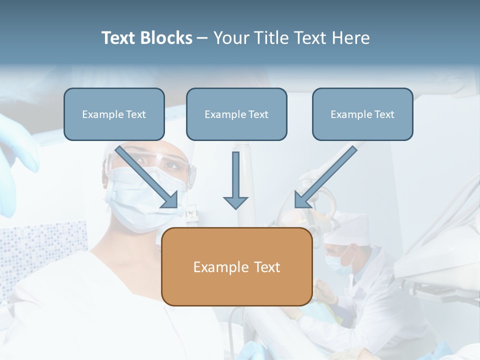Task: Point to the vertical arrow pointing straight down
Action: (x=235, y=175)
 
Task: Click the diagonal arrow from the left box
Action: (x=145, y=175)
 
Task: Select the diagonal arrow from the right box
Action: (x=327, y=175)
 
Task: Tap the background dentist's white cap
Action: (x=350, y=227)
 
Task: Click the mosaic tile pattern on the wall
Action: (x=40, y=250)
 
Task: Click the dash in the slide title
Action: (x=202, y=38)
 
